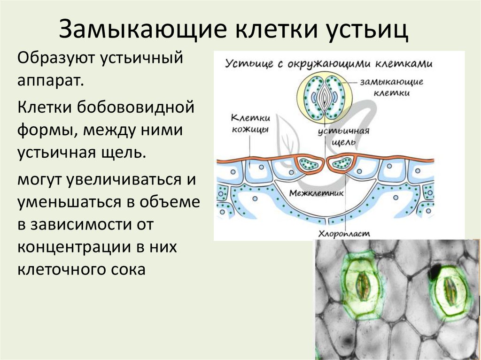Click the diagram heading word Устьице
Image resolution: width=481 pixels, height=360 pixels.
point(246,64)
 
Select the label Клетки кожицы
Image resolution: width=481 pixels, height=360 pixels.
point(250,124)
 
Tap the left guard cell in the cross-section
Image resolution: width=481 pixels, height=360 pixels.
point(308,164)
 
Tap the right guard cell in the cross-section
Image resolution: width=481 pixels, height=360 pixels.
point(341,163)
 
